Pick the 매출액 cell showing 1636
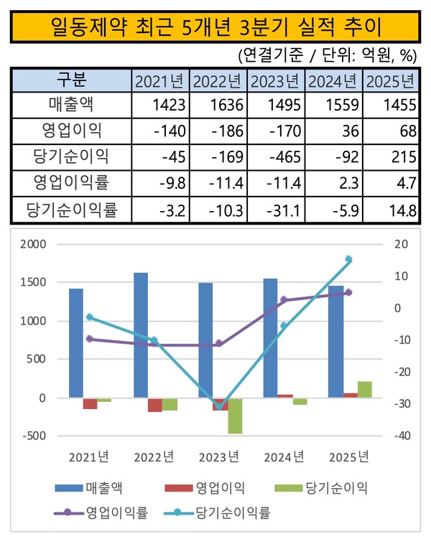pyautogui.click(x=219, y=105)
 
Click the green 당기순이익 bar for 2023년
pyautogui.click(x=236, y=416)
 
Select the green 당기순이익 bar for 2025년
pyautogui.click(x=365, y=389)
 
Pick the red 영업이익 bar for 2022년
pyautogui.click(x=154, y=405)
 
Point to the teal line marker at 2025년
pyautogui.click(x=348, y=259)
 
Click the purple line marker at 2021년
pyautogui.click(x=90, y=339)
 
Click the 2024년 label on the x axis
pyautogui.click(x=284, y=457)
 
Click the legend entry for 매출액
pyautogui.click(x=90, y=489)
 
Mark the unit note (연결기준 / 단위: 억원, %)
pyautogui.click(x=326, y=55)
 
